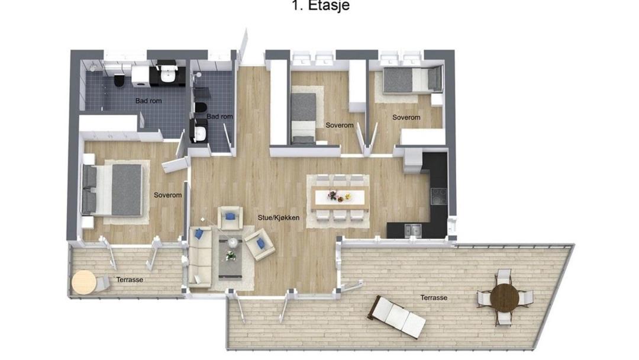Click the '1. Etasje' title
[x=321, y=5]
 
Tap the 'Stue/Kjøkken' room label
[x=278, y=218]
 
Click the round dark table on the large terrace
[x=505, y=297]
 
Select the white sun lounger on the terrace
[x=398, y=316]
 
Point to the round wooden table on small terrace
[x=84, y=282]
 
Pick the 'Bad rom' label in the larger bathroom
[x=149, y=101]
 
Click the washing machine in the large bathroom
[x=141, y=76]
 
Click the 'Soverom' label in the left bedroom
[x=167, y=195]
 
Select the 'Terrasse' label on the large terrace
[x=434, y=298]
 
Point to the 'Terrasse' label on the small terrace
[x=130, y=279]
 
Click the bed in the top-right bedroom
[x=412, y=79]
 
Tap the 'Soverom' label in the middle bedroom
[x=340, y=125]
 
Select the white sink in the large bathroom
[x=167, y=74]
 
